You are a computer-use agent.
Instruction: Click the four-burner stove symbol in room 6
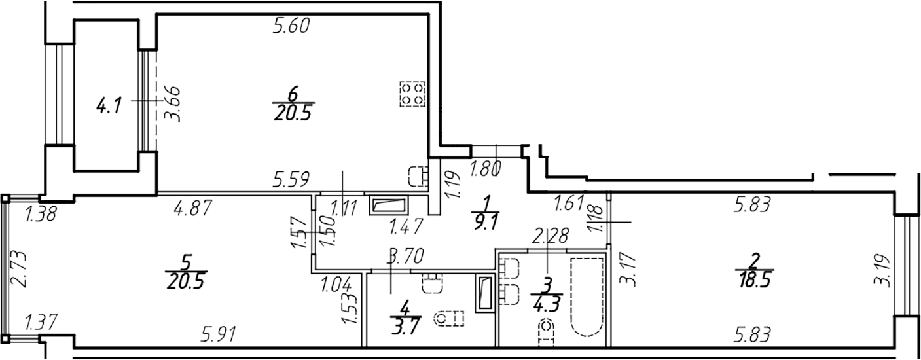(x=413, y=94)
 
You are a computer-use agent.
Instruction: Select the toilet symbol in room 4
(x=449, y=318)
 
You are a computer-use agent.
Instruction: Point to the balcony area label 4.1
(x=109, y=107)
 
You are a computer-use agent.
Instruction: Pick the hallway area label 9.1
(x=486, y=224)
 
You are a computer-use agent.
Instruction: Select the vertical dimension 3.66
(x=173, y=103)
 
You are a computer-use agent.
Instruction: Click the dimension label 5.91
(x=219, y=334)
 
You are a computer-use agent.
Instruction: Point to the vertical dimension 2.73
(x=19, y=269)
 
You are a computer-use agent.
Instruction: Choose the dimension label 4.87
(x=193, y=207)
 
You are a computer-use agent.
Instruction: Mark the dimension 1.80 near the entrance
(x=486, y=168)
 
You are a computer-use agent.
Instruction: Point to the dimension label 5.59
(x=291, y=179)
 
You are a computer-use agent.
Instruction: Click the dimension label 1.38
(x=41, y=214)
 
